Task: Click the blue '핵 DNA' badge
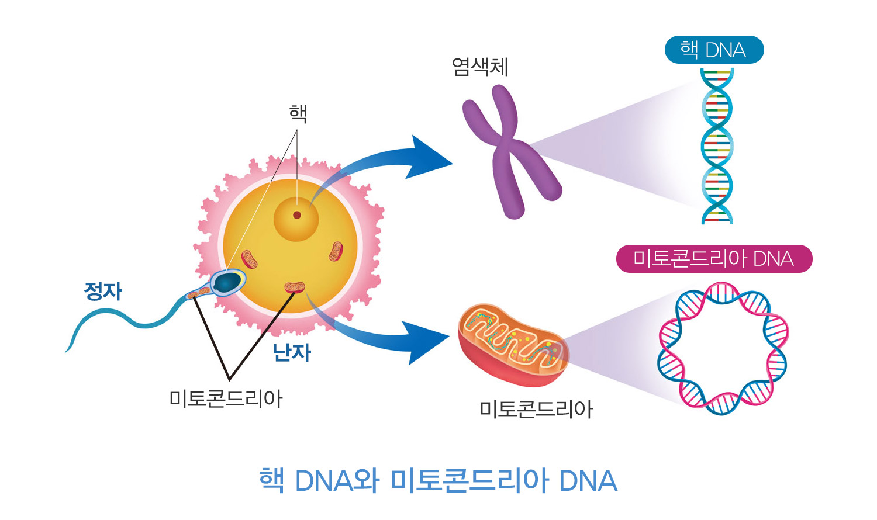[714, 50]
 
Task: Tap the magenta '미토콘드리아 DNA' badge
[714, 259]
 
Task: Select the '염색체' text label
[479, 67]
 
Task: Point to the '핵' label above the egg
[298, 113]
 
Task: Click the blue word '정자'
[103, 291]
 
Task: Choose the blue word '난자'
[292, 352]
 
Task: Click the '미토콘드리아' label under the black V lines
[226, 399]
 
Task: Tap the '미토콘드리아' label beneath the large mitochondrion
[536, 410]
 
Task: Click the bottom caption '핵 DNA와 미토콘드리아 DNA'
[438, 480]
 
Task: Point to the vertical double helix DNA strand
[717, 146]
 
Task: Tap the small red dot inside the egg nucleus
[297, 215]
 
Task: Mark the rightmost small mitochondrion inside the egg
[336, 251]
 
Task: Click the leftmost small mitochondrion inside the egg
[249, 259]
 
